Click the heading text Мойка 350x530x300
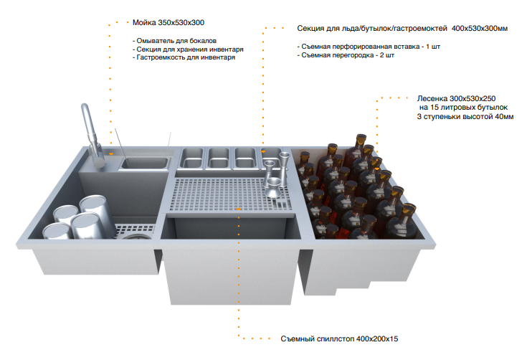[168, 23]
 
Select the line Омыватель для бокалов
[174, 41]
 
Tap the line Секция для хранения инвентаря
[188, 49]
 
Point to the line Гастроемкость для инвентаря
[184, 57]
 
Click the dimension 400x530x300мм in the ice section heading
[480, 29]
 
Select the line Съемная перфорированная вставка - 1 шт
[369, 47]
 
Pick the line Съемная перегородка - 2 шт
[346, 55]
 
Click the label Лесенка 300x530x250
[456, 99]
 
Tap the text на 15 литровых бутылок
[463, 108]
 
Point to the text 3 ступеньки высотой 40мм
[465, 117]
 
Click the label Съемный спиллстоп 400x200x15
[339, 339]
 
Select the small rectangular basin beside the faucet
[144, 164]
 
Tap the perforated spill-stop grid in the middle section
[231, 194]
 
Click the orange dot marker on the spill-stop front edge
[239, 209]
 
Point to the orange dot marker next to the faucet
[111, 154]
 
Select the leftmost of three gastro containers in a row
[191, 158]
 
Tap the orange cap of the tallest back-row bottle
[361, 138]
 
